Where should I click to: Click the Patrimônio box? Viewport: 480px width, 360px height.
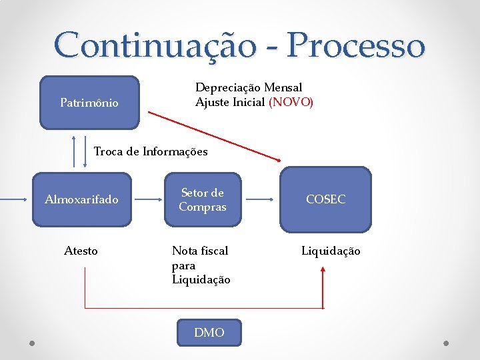click(x=89, y=102)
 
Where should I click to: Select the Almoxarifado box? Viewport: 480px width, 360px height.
click(x=81, y=199)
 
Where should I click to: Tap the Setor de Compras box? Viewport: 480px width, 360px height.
click(x=202, y=199)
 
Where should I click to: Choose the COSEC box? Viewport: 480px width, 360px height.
click(x=325, y=199)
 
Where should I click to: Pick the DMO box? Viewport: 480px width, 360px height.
click(x=209, y=332)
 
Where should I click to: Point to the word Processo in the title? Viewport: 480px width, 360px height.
click(x=357, y=45)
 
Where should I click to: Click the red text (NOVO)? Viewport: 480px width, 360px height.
click(x=291, y=102)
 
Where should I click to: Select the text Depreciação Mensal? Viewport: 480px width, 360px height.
click(x=249, y=87)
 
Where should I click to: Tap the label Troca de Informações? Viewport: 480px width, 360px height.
click(x=151, y=151)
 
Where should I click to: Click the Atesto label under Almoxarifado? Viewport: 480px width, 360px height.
click(x=81, y=251)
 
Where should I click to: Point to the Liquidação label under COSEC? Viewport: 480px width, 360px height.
click(x=331, y=251)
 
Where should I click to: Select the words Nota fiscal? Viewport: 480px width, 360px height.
click(x=200, y=251)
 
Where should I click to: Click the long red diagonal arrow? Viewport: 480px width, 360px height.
click(x=213, y=136)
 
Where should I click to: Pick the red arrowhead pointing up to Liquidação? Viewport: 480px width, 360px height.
click(x=323, y=270)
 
